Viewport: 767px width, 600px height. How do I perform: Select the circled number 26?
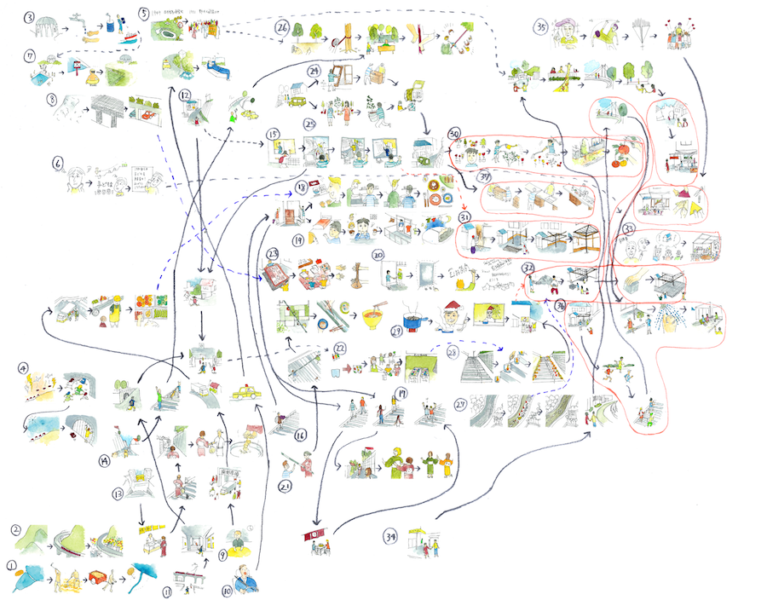point(280,27)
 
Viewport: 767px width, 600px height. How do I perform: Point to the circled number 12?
point(184,95)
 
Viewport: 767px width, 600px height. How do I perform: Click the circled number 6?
point(58,161)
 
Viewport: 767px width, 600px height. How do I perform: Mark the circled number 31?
point(465,217)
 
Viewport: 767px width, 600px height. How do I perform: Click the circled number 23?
point(273,254)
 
